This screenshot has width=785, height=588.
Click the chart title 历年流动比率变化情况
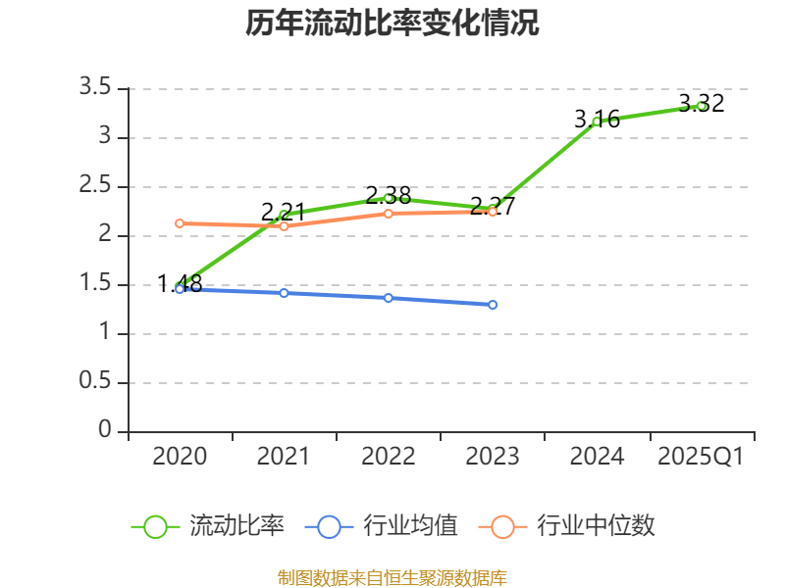392,24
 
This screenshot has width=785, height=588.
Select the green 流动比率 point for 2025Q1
702,106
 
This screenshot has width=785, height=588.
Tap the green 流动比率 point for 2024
597,122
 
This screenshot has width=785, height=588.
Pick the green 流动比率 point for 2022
389,198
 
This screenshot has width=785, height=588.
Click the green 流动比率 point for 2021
284,215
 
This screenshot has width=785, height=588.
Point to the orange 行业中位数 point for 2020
180,223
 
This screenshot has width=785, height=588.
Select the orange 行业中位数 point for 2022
389,213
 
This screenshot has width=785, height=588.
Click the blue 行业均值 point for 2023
493,305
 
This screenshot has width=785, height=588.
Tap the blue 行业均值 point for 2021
284,293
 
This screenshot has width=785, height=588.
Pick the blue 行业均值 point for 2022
389,298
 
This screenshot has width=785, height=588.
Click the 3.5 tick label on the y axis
95,88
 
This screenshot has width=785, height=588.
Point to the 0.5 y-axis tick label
95,382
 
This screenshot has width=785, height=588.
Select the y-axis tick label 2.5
95,186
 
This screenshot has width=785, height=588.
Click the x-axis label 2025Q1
701,457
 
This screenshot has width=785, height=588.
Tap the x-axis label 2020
180,457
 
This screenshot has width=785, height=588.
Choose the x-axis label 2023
493,457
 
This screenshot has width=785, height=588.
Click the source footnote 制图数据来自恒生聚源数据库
392,577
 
